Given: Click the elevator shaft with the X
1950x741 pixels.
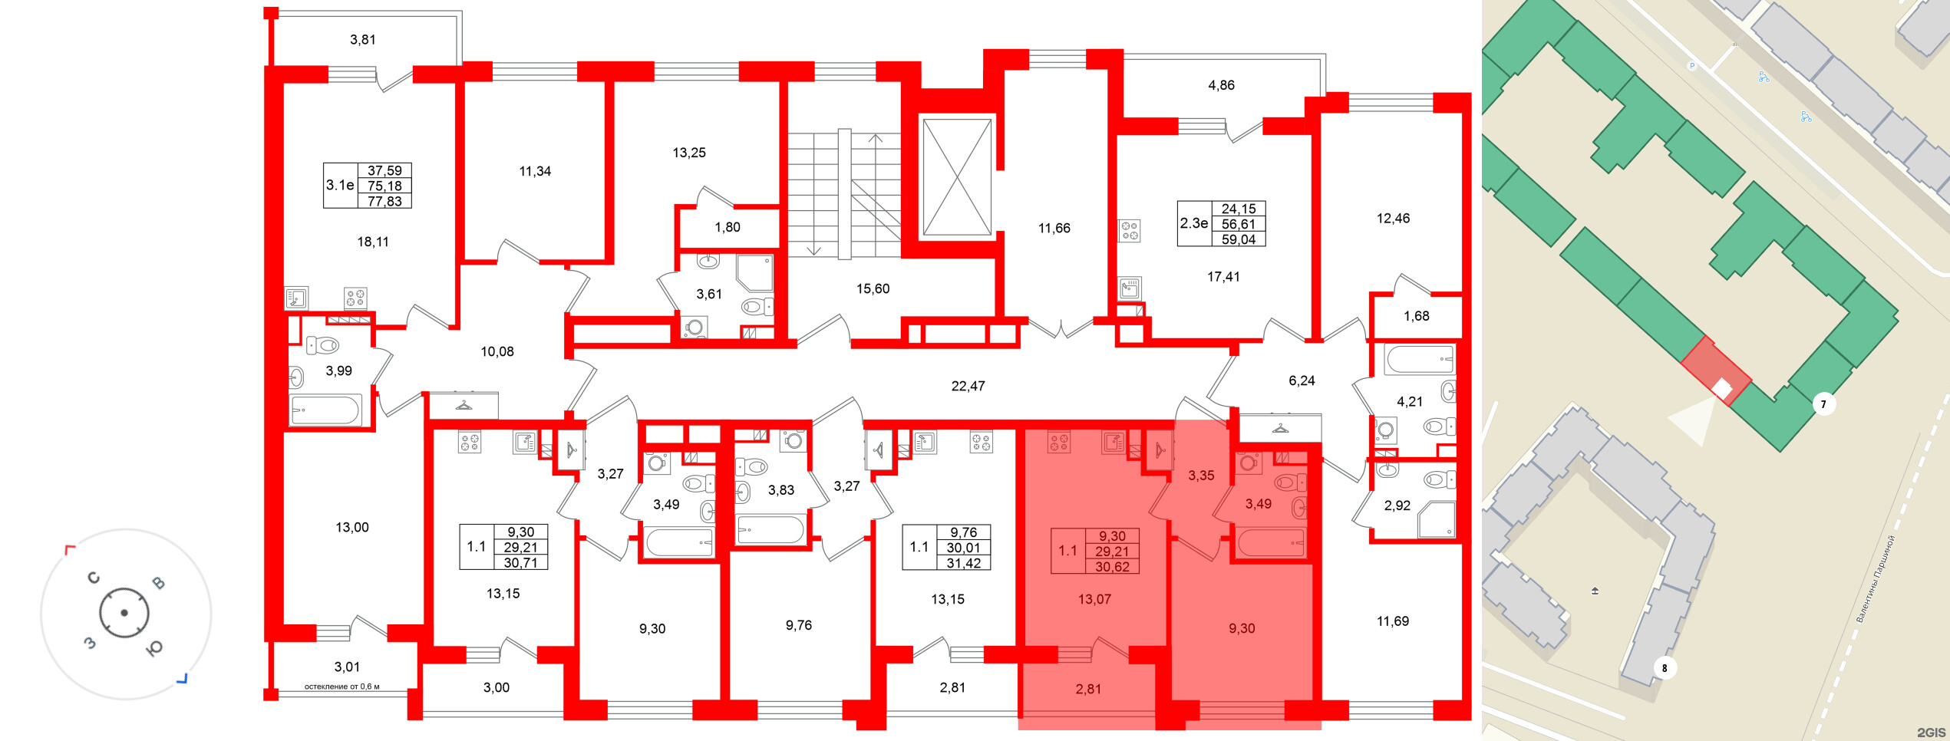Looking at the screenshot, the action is (956, 176).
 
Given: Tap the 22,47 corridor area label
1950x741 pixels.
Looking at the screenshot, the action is (968, 386).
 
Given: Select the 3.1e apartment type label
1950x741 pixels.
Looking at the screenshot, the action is (340, 185).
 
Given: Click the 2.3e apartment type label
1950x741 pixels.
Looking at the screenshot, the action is (1194, 223).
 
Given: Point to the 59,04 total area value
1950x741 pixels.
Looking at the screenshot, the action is (1239, 239).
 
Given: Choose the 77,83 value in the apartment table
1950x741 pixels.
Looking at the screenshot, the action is (384, 201).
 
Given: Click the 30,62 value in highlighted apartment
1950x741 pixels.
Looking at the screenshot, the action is (1112, 567).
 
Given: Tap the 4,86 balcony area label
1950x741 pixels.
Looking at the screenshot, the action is (1222, 85).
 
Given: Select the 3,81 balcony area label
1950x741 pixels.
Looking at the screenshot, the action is (363, 40).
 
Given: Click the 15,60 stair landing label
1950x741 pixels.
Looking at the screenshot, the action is (873, 288).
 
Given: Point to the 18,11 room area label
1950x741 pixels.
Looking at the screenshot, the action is (373, 242).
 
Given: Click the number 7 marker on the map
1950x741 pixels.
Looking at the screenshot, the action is (1823, 403).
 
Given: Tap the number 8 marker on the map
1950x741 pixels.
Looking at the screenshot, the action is (1664, 668).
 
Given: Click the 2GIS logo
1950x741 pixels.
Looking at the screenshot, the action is (1931, 733).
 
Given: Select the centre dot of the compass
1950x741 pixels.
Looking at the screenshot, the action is (124, 613).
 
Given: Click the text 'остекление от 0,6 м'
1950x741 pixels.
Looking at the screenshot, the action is (342, 687).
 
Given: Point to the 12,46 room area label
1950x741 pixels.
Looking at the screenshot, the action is (1393, 219).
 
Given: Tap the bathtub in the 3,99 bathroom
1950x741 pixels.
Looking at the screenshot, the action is (325, 410).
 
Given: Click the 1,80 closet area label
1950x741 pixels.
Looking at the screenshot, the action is (728, 227).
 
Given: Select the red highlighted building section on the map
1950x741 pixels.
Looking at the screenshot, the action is (1716, 370).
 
